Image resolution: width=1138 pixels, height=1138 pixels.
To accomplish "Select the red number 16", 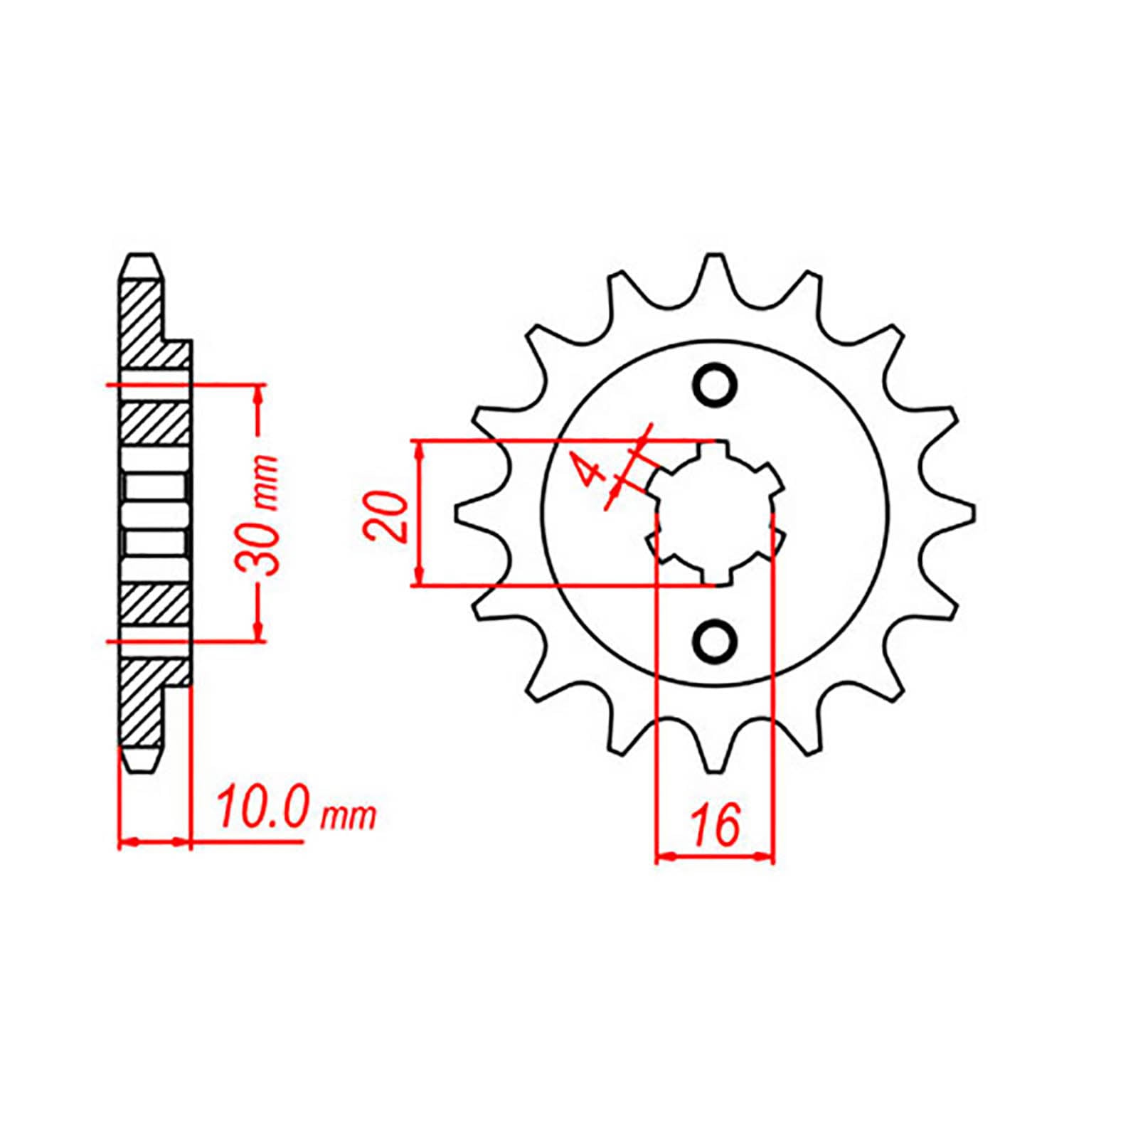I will (x=715, y=826).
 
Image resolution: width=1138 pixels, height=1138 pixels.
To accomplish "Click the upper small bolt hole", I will (x=715, y=385).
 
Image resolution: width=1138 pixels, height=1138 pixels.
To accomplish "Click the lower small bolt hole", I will (x=715, y=640).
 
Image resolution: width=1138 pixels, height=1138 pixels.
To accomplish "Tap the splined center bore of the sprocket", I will (x=714, y=512).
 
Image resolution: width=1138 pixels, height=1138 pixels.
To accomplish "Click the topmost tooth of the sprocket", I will (x=715, y=274).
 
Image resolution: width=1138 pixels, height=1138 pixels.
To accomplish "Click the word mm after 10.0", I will (x=348, y=817).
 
